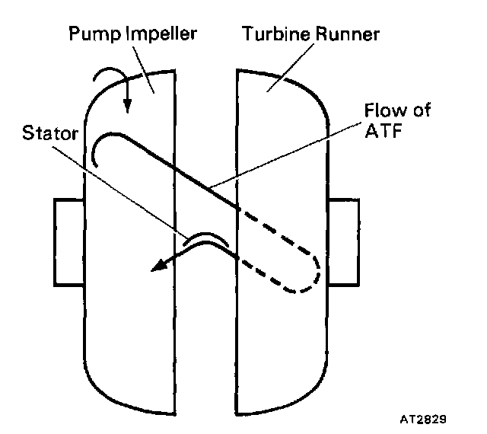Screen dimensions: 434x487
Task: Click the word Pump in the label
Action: pyautogui.click(x=90, y=36)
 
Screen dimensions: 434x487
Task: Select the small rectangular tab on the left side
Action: pyautogui.click(x=68, y=242)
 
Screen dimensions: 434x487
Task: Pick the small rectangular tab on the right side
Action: pyautogui.click(x=345, y=242)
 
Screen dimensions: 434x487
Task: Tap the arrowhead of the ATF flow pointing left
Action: pyautogui.click(x=158, y=266)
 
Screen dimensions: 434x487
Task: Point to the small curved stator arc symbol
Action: pyautogui.click(x=205, y=240)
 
